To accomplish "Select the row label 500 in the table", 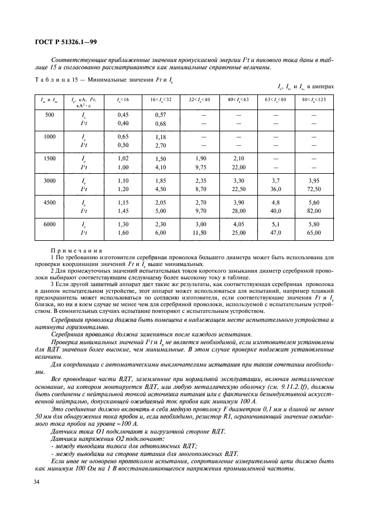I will click(x=49, y=115).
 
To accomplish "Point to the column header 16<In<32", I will click(x=161, y=99).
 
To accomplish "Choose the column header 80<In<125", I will click(x=320, y=99).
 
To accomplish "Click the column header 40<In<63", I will click(x=241, y=99).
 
